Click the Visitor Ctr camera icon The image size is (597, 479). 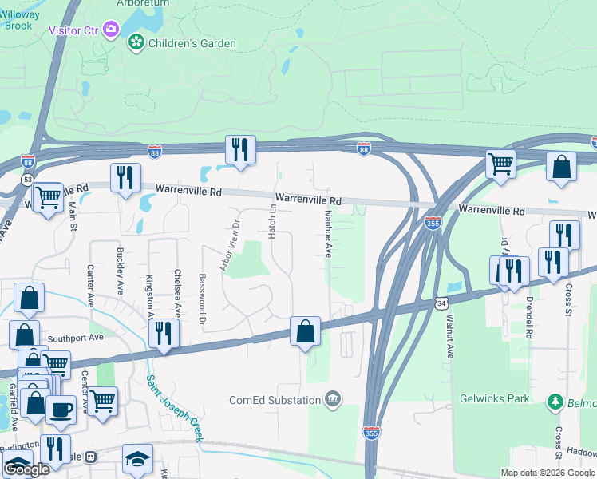click(x=110, y=30)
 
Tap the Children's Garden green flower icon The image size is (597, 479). click(x=136, y=42)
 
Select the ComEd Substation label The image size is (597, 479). click(x=275, y=399)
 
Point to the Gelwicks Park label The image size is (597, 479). click(x=495, y=398)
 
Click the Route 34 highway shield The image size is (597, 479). click(x=441, y=303)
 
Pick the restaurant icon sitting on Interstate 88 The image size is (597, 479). click(x=239, y=149)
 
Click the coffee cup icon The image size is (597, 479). click(x=61, y=410)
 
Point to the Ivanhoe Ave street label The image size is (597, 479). click(x=328, y=234)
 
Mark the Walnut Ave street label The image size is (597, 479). click(x=449, y=336)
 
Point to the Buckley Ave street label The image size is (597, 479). click(x=121, y=269)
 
